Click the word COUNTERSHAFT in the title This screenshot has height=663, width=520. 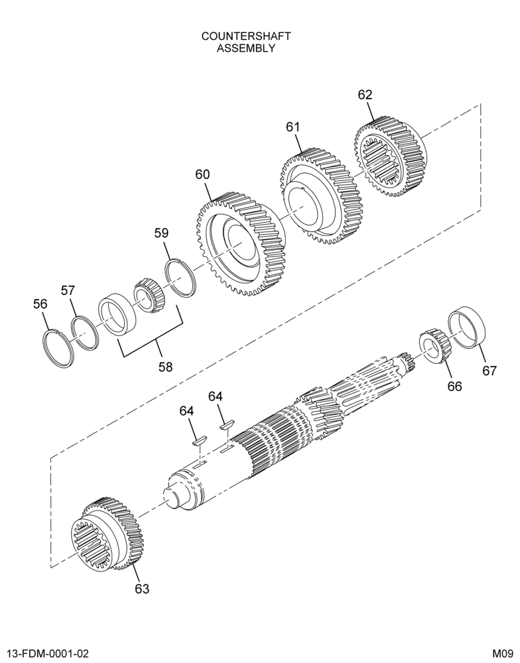pos(246,36)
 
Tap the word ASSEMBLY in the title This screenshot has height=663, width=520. pos(246,48)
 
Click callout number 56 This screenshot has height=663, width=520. pos(40,304)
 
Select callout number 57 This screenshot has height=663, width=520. pos(68,291)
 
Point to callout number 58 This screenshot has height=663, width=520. pos(166,367)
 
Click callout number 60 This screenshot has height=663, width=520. pos(203,174)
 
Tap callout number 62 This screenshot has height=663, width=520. pos(365,95)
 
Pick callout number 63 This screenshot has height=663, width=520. pos(142,589)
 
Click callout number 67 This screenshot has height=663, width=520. pos(489,371)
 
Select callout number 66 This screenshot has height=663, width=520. pos(455,386)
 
